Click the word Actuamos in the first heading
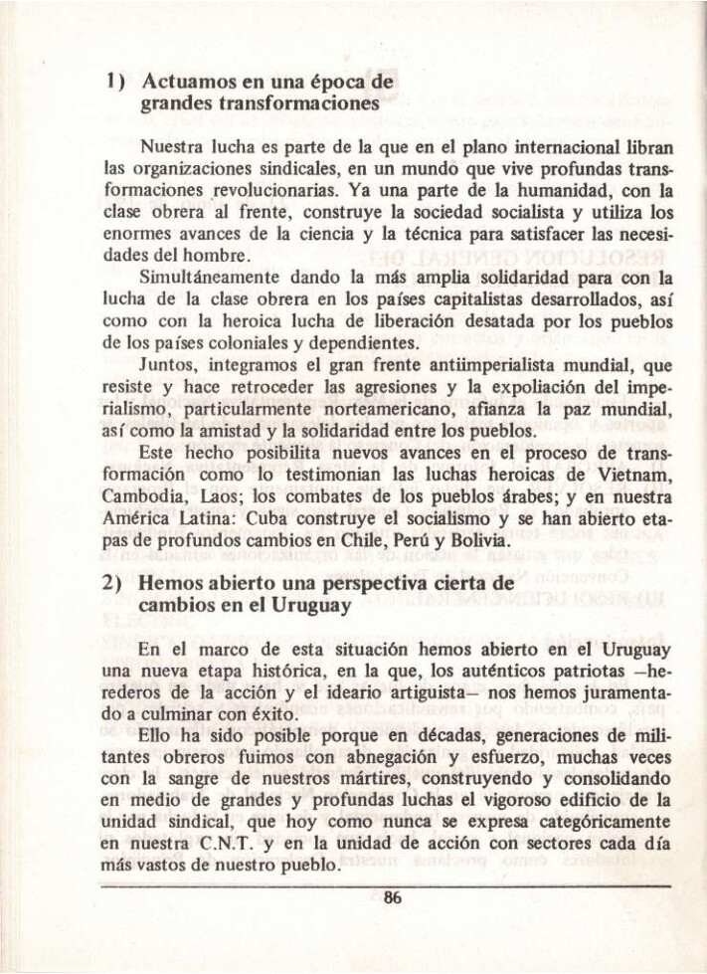(184, 80)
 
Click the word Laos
(219, 501)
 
